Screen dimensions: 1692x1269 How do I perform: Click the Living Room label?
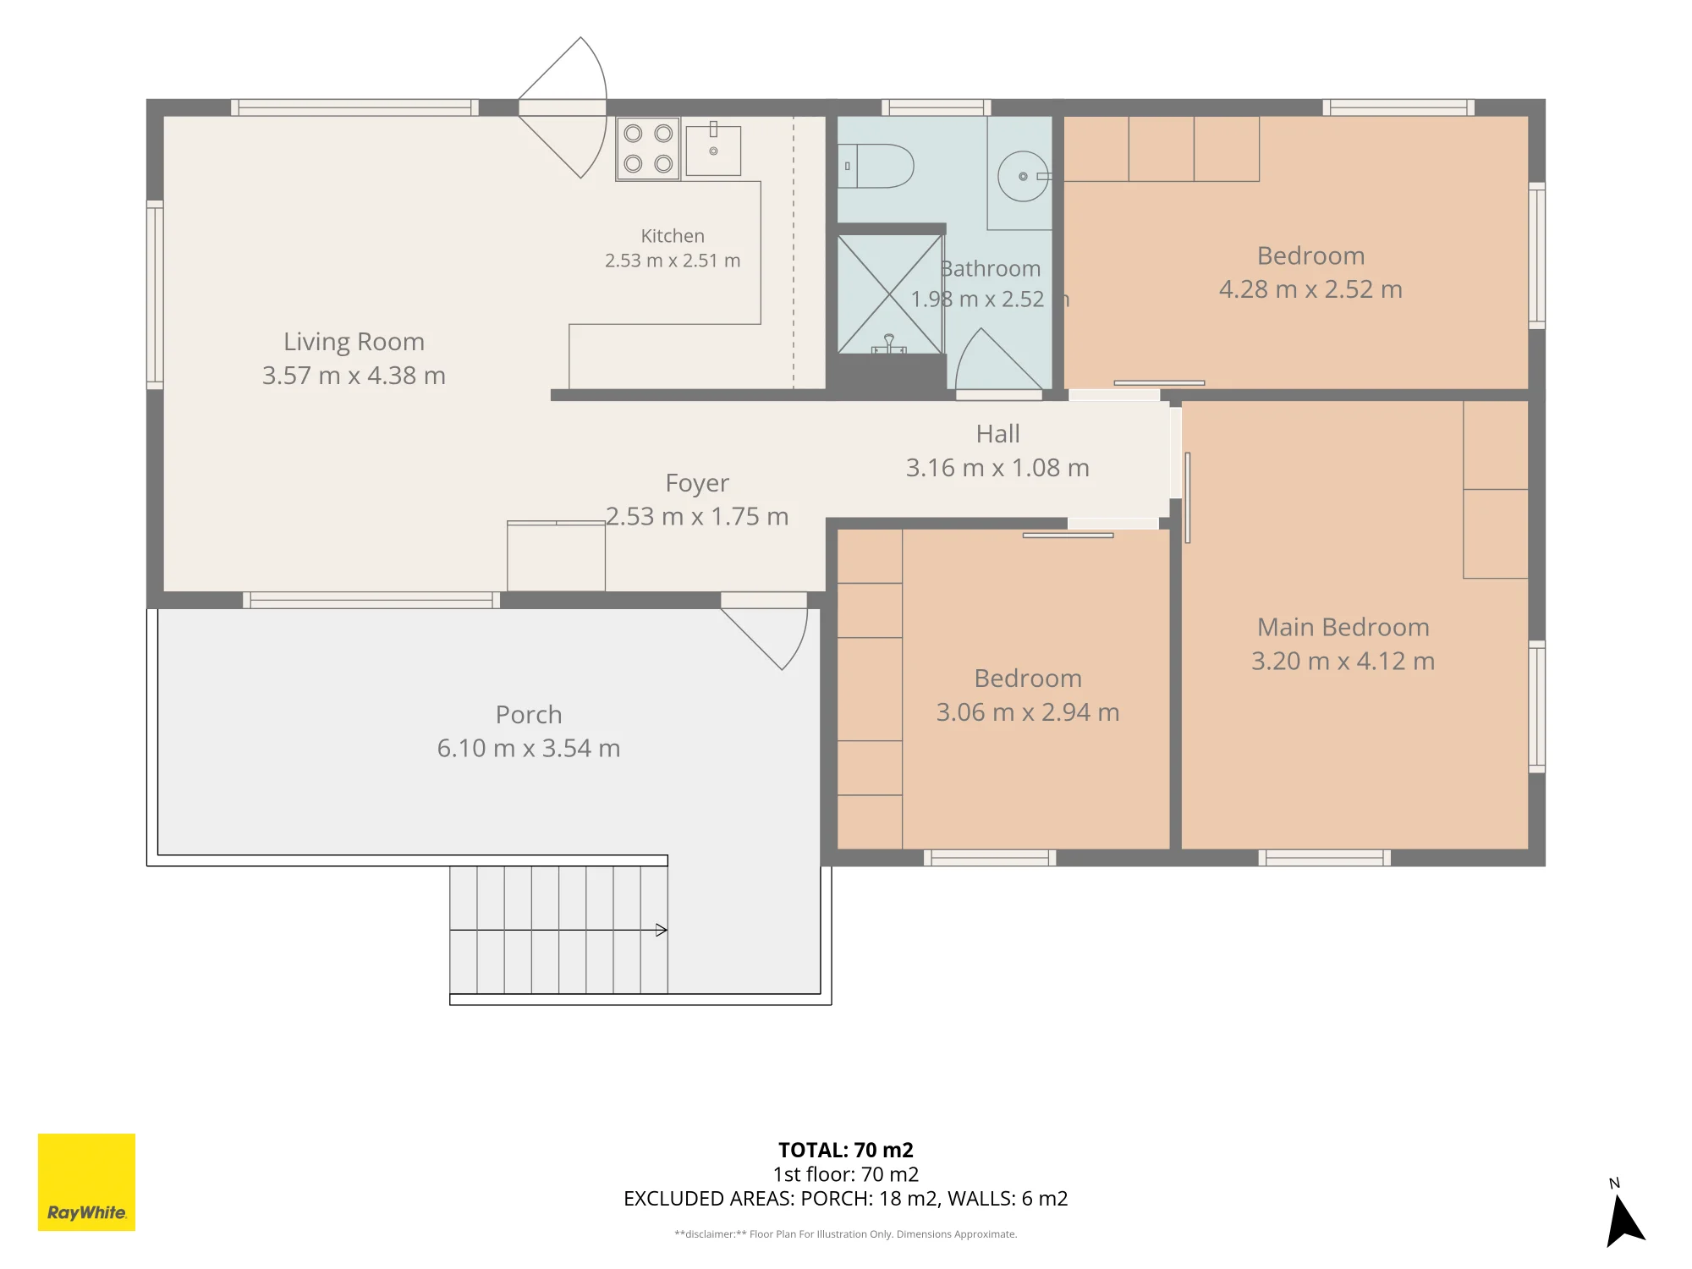354,342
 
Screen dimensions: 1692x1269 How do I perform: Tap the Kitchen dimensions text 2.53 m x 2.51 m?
673,261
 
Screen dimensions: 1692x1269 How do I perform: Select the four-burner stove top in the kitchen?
648,149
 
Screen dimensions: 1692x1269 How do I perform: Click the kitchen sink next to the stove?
713,151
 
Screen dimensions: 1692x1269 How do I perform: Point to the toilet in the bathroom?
876,165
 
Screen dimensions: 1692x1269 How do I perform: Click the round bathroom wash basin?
1023,176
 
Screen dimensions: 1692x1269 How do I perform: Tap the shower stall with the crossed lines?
889,294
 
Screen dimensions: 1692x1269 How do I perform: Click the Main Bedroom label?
1343,627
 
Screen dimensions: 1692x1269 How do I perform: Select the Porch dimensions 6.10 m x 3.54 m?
529,748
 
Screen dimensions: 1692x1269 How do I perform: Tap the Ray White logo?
86,1182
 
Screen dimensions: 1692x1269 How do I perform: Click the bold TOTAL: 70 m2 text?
846,1150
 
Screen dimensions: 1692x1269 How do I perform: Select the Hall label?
998,434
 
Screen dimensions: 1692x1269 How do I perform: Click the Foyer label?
697,483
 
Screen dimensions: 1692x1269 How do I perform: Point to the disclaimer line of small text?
846,1234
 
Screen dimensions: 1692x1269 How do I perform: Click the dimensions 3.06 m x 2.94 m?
1028,712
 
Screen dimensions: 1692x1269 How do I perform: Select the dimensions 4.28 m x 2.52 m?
1310,289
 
